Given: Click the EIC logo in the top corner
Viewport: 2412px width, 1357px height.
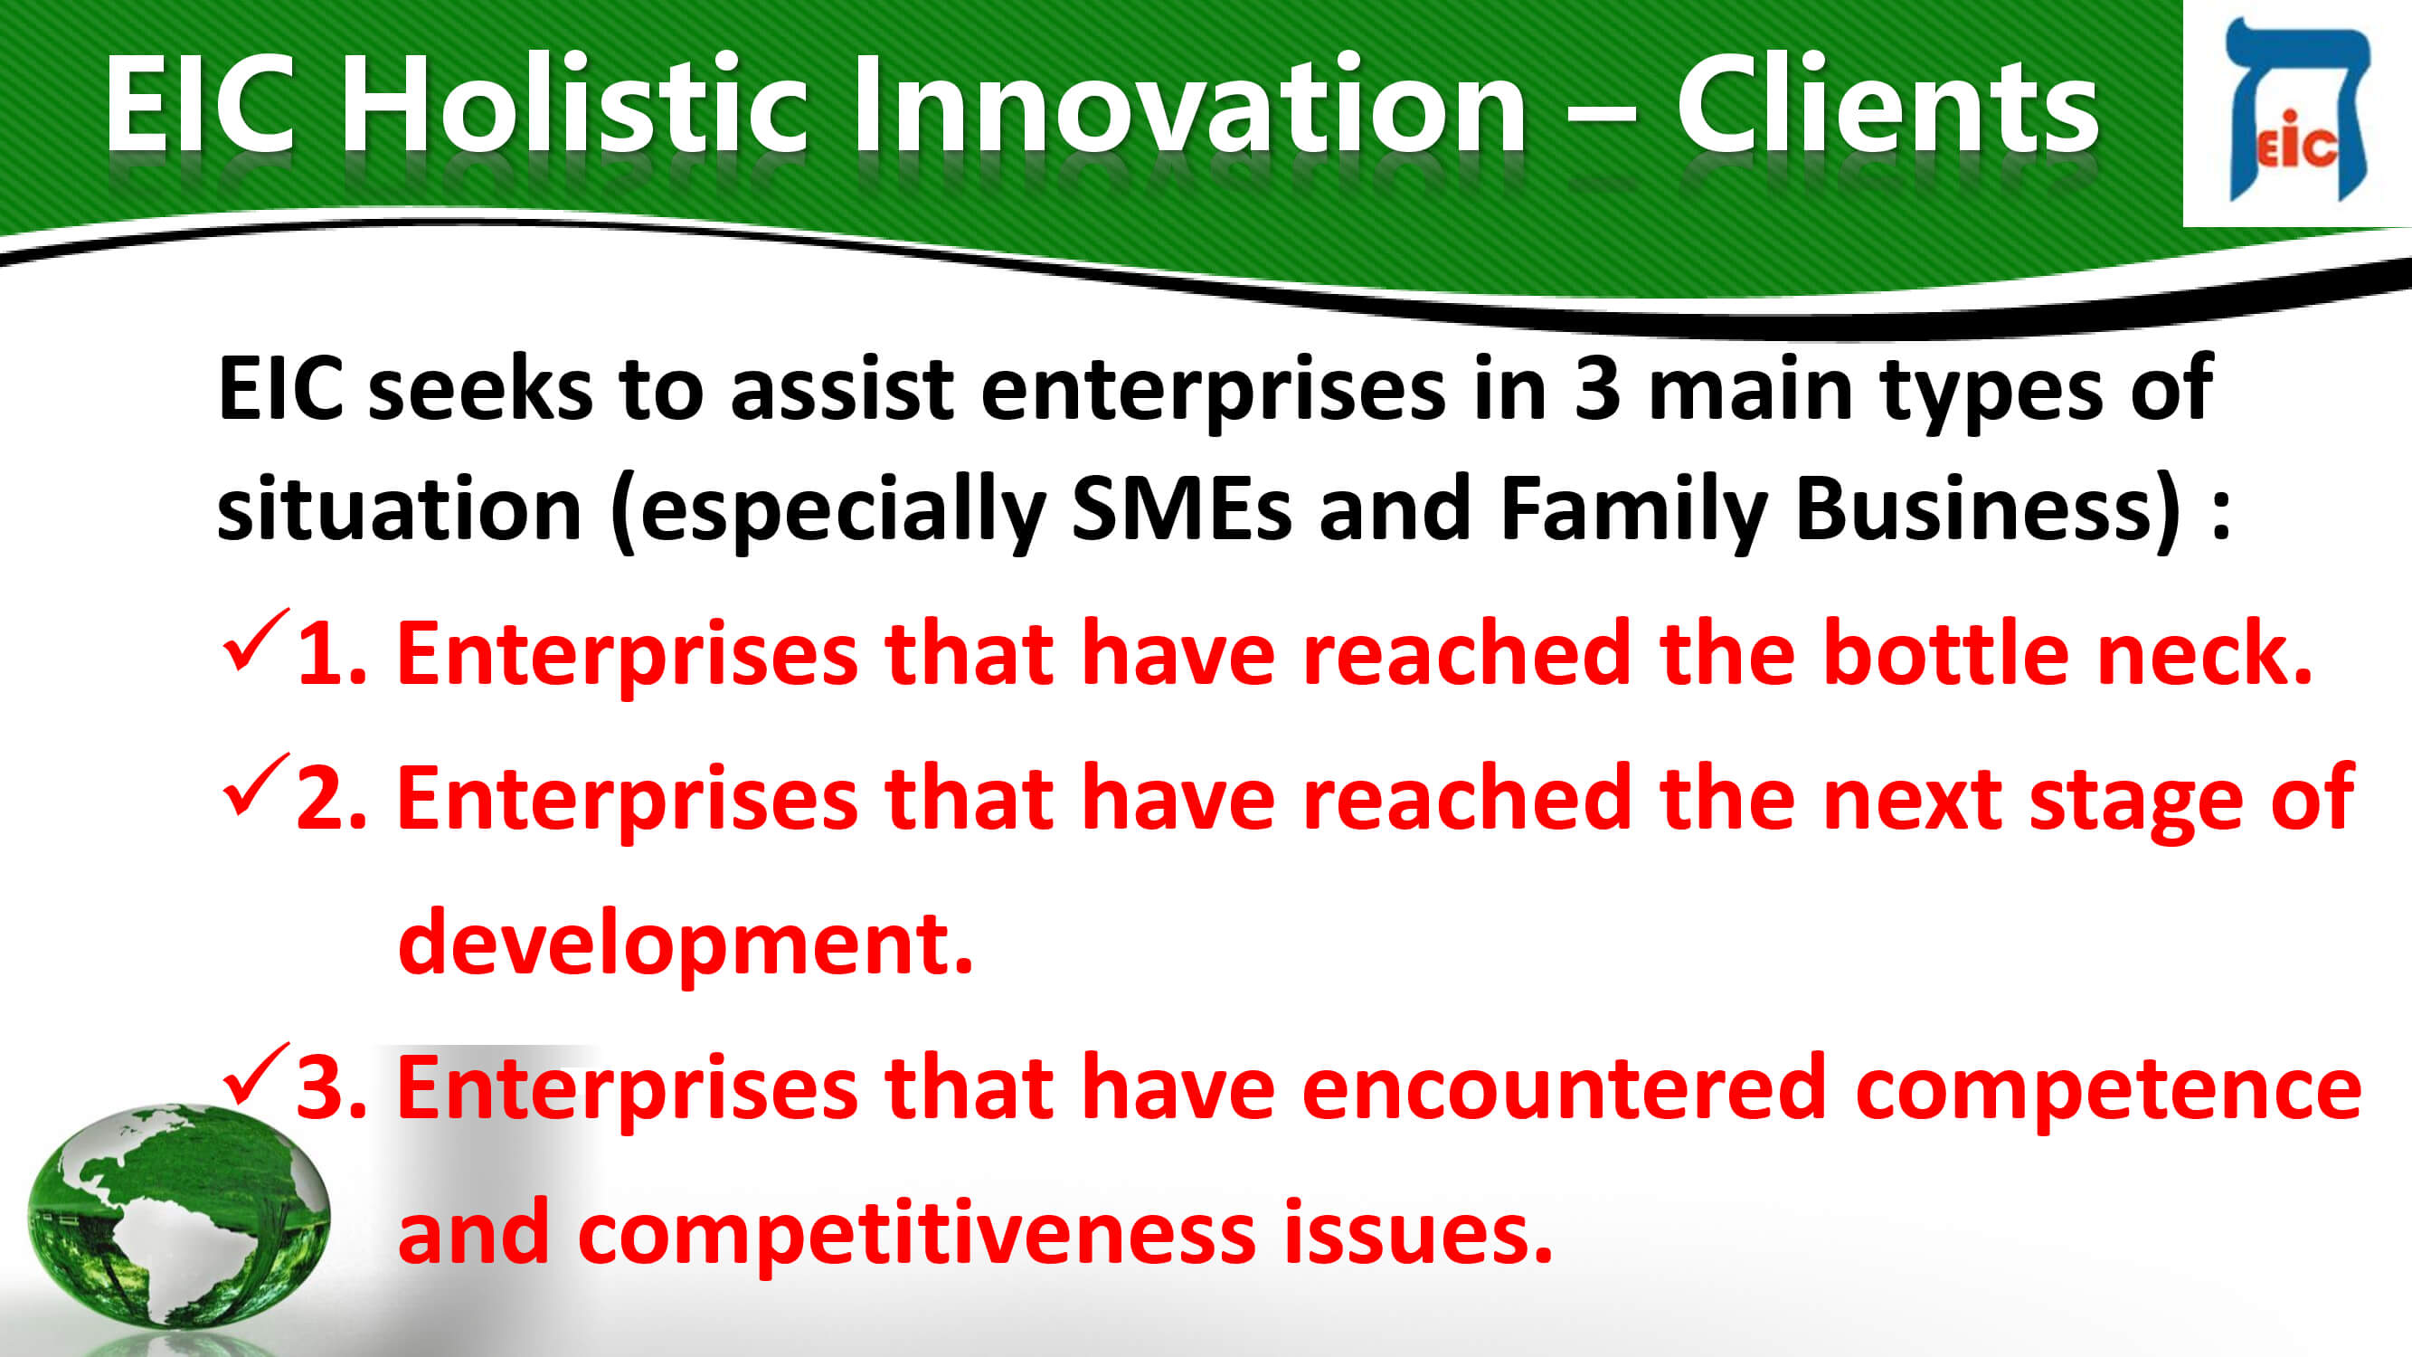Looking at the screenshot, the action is (x=2297, y=109).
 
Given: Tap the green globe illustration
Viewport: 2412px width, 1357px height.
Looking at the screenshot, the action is (x=178, y=1216).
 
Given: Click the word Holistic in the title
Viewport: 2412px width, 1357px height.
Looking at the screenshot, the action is (x=574, y=103).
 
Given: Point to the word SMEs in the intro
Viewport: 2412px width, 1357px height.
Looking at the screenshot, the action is (x=1182, y=508).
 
